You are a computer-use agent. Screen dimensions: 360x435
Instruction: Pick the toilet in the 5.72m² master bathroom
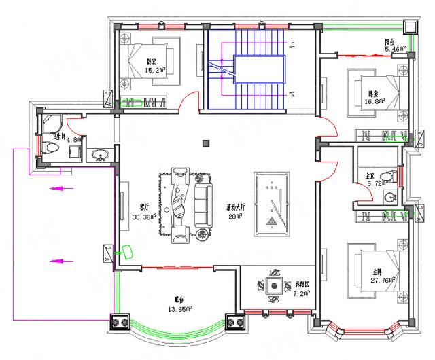[x=387, y=177]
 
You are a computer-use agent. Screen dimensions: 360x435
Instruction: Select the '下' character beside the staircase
[x=292, y=95]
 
